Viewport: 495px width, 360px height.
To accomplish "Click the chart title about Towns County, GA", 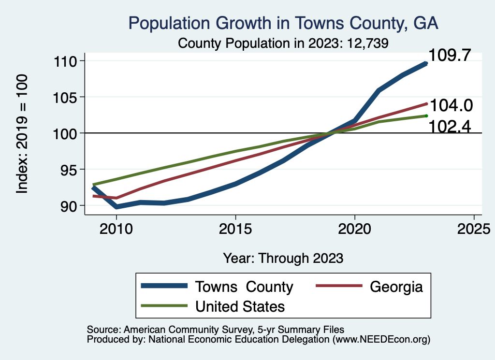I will [283, 23].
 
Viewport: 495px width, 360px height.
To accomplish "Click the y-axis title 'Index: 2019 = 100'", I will [22, 134].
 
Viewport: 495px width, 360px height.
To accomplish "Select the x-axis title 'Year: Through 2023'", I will [283, 258].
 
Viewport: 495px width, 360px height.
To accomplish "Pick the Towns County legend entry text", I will [244, 287].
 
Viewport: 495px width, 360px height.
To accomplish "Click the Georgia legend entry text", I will [396, 287].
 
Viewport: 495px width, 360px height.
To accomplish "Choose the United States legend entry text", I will [240, 306].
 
